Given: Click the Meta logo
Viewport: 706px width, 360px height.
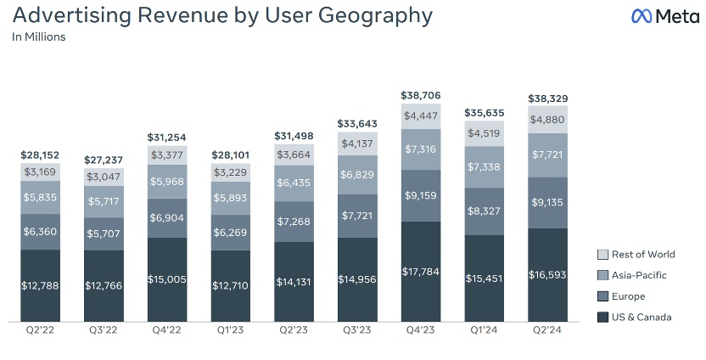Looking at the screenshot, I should click(x=664, y=16).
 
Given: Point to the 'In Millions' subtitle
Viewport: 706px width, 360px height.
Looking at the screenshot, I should click(x=39, y=37).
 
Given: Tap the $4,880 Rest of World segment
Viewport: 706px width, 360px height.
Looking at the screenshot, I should click(x=549, y=120).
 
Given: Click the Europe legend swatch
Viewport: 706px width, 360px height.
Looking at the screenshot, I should click(x=602, y=296).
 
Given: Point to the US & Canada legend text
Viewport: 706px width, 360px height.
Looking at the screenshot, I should click(x=647, y=318).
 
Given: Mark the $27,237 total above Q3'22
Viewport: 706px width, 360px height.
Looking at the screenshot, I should click(x=104, y=160).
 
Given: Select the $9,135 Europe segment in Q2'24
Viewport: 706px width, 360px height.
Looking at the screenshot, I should click(x=549, y=202).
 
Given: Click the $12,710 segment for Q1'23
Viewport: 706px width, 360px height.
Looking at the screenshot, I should click(x=231, y=285).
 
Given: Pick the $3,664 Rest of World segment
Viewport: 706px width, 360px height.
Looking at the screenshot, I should click(x=294, y=155).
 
